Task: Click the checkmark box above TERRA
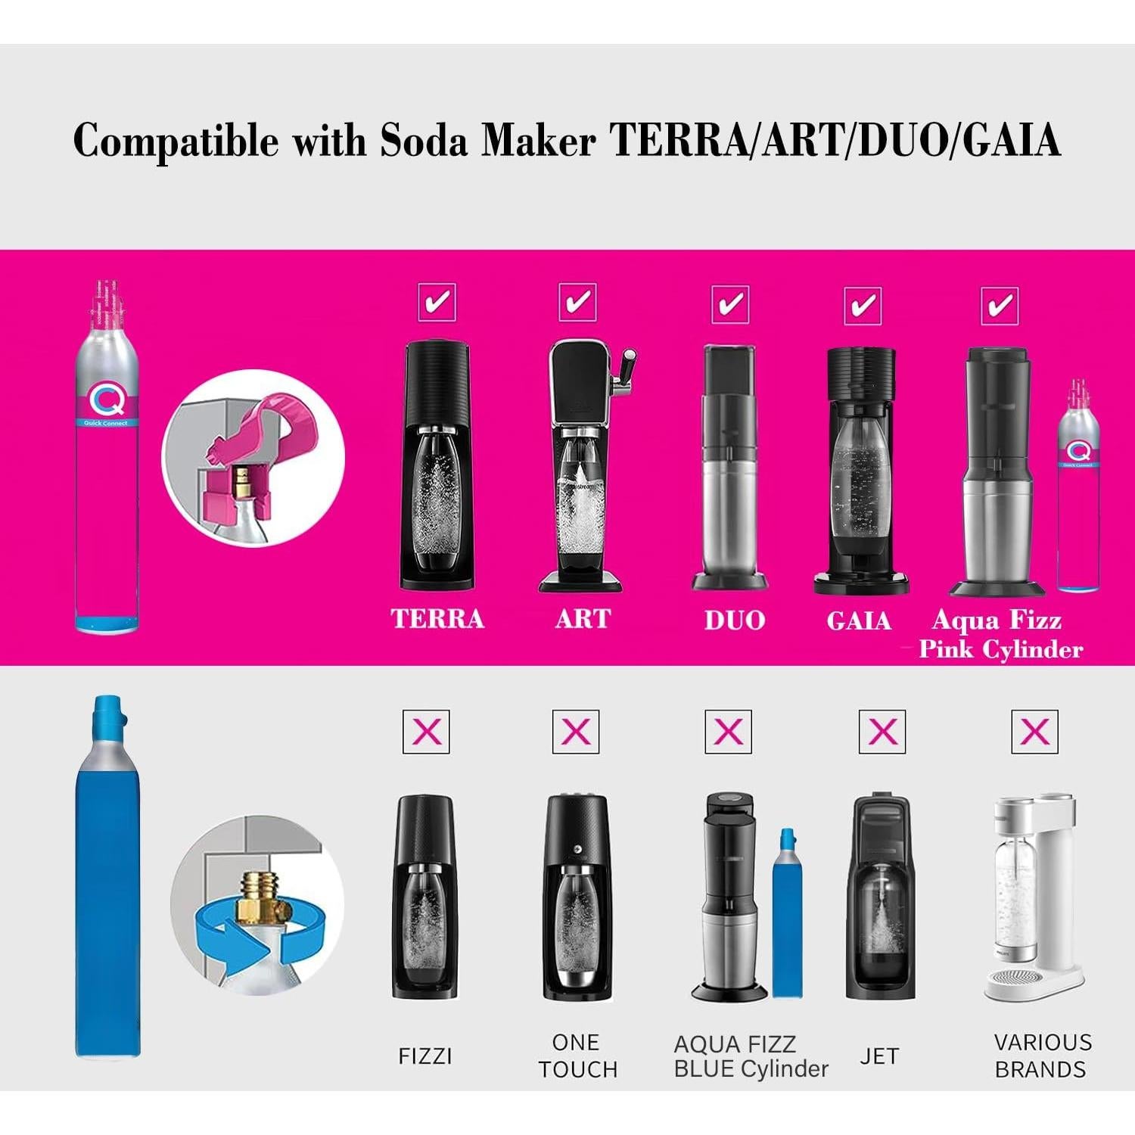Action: [437, 302]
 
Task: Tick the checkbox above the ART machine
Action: [577, 302]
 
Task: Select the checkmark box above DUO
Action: [730, 304]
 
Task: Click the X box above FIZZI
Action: [426, 732]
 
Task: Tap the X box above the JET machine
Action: [882, 732]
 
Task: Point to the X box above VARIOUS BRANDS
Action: [1034, 732]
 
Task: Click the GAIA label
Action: [859, 620]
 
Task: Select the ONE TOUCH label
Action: [577, 1056]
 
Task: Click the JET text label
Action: [879, 1056]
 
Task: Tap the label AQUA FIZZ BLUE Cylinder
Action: [750, 1056]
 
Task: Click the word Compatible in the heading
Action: [176, 140]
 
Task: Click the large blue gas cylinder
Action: [107, 893]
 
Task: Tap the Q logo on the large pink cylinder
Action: [106, 395]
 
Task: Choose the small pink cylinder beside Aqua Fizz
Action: [1077, 484]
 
